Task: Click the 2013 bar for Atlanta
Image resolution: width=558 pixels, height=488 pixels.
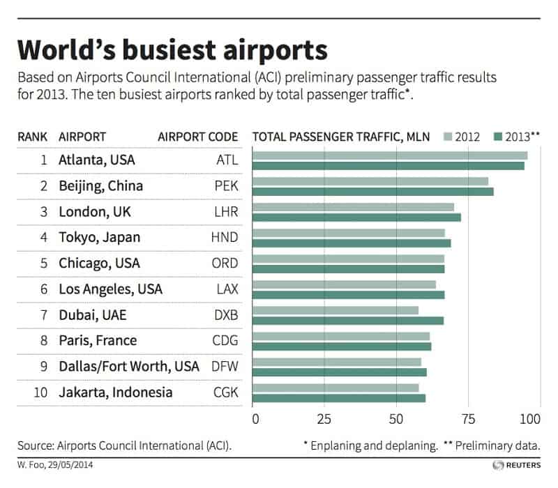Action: click(x=388, y=165)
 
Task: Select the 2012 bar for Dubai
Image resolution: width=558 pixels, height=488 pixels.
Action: click(x=335, y=310)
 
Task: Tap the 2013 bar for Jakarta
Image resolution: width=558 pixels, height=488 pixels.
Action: click(x=338, y=398)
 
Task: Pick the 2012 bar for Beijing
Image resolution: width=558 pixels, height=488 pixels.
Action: click(x=370, y=181)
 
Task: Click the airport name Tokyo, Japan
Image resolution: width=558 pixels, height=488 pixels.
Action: click(x=100, y=237)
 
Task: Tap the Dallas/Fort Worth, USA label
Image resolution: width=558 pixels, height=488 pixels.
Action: click(x=130, y=367)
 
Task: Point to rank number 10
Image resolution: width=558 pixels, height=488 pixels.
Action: click(x=40, y=392)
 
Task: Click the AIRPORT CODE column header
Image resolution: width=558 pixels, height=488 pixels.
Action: click(x=198, y=136)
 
